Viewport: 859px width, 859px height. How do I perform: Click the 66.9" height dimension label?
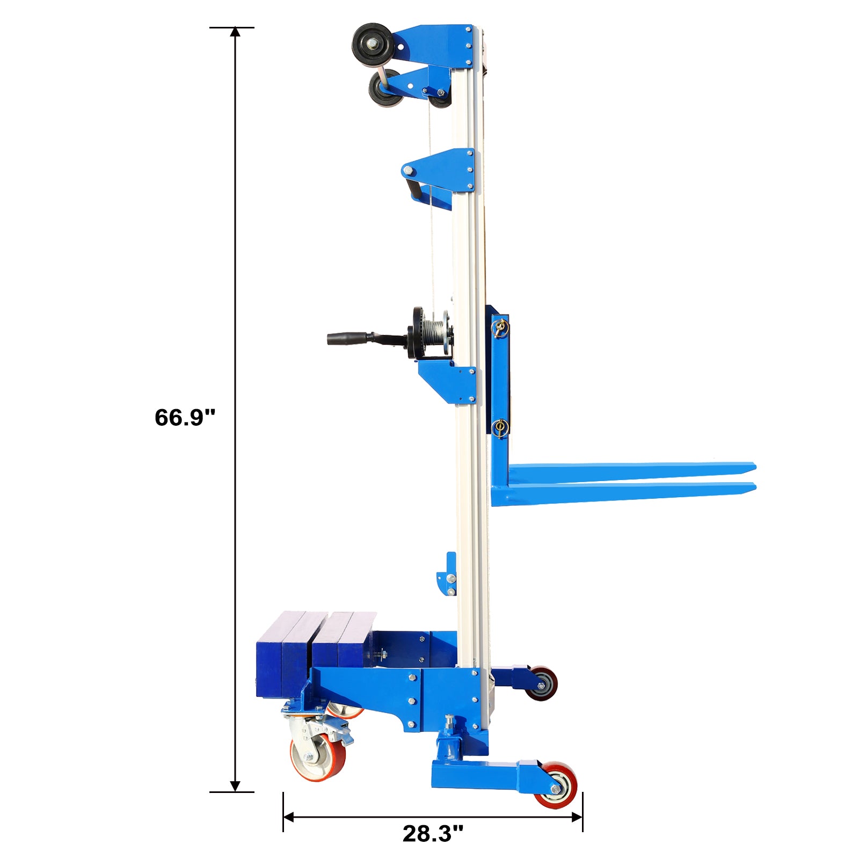click(185, 417)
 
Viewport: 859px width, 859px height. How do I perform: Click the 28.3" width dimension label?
click(433, 834)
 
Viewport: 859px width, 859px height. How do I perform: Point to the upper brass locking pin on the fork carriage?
click(500, 327)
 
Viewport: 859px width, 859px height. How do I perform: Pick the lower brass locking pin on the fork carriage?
click(500, 428)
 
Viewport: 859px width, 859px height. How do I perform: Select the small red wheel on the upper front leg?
click(541, 683)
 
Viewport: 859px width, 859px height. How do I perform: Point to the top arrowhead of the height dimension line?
click(235, 32)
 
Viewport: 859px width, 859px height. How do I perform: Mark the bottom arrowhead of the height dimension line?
click(235, 786)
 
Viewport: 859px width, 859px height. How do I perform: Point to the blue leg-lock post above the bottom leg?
click(448, 741)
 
